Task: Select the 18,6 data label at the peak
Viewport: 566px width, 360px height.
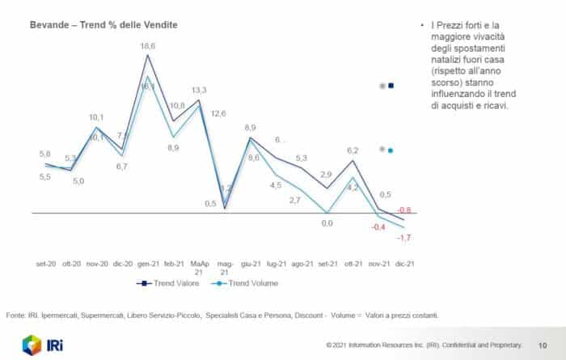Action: coord(148,47)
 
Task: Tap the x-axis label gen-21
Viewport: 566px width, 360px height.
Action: coord(147,265)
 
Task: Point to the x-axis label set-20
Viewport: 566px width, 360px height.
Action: coord(46,265)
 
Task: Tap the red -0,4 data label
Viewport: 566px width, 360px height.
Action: coord(377,227)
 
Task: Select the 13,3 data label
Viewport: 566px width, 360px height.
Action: coord(199,90)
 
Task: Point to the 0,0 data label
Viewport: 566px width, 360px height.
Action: coord(327,223)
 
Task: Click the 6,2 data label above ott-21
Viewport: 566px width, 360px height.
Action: coord(353,150)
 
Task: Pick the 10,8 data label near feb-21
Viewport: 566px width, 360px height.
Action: coord(177,105)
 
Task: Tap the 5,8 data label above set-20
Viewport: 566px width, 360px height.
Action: coord(44,154)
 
